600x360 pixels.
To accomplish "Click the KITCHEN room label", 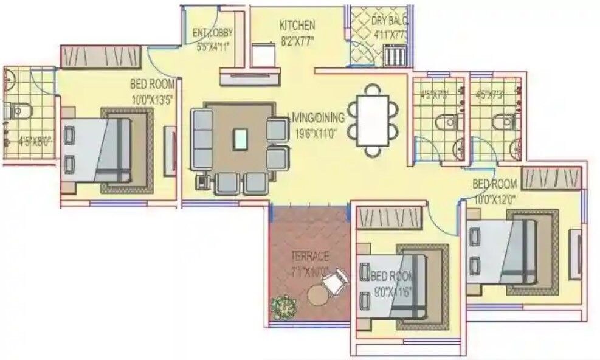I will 297,26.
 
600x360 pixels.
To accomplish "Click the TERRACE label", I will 309,256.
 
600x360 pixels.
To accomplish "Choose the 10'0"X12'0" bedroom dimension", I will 495,198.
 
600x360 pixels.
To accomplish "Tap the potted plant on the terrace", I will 282,306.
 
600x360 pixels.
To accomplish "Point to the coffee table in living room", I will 241,139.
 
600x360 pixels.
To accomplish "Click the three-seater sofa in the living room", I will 202,139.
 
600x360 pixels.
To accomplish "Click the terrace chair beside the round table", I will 335,282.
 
